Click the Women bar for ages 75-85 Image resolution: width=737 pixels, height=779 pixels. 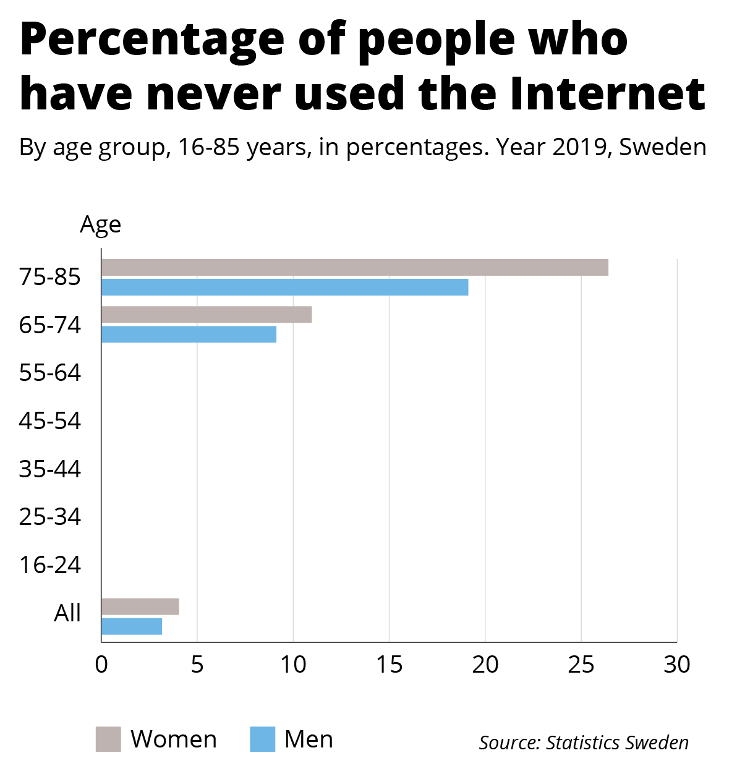tap(354, 268)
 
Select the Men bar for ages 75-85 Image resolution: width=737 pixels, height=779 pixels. tap(284, 287)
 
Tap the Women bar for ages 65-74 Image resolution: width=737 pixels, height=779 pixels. tap(206, 315)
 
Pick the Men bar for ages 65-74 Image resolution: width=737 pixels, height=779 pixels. tap(189, 334)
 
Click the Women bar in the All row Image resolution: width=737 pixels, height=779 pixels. tap(140, 607)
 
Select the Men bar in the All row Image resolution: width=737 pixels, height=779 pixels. tap(131, 626)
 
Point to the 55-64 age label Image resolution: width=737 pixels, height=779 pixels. tap(50, 373)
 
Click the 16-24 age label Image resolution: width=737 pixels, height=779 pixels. tap(50, 565)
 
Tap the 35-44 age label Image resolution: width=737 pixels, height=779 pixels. tap(50, 469)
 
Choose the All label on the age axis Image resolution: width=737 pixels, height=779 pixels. tap(67, 613)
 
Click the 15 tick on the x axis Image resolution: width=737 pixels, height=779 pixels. tap(389, 665)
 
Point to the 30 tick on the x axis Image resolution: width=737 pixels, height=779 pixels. tap(677, 665)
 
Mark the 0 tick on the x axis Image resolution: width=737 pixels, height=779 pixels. tap(101, 665)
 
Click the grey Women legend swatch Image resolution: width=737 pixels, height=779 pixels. tap(108, 739)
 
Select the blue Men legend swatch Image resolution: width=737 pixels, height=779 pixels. tap(262, 739)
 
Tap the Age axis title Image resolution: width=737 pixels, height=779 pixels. tap(100, 225)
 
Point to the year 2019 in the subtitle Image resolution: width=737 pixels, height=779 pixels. tap(578, 148)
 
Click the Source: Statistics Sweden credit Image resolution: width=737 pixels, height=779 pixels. tap(584, 743)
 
